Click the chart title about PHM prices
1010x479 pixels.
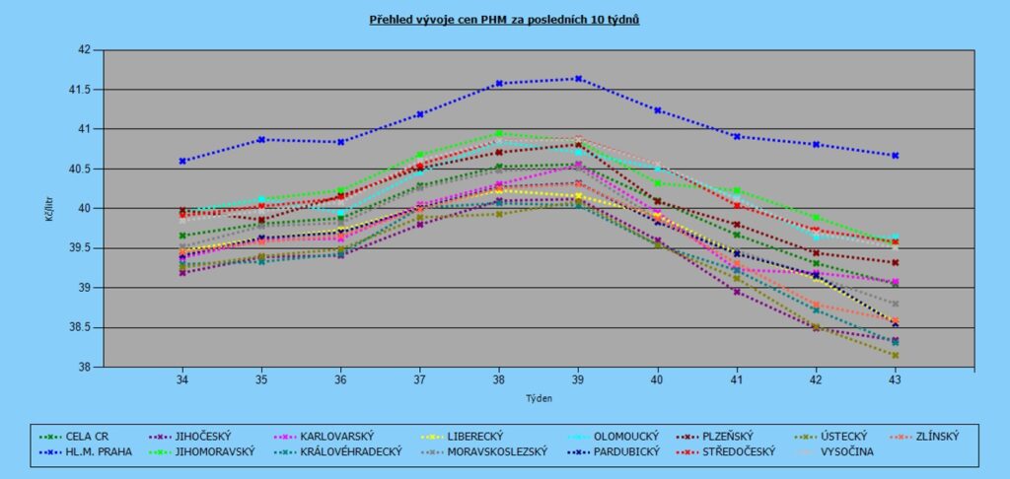[505, 20]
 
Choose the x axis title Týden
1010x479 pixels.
[538, 399]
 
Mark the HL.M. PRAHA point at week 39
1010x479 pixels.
[578, 79]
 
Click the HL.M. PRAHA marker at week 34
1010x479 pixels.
[182, 161]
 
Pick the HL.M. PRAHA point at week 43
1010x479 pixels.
[895, 156]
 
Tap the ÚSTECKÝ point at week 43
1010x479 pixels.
[895, 356]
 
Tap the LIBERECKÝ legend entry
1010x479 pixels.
[469, 435]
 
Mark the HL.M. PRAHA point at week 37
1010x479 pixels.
[420, 114]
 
